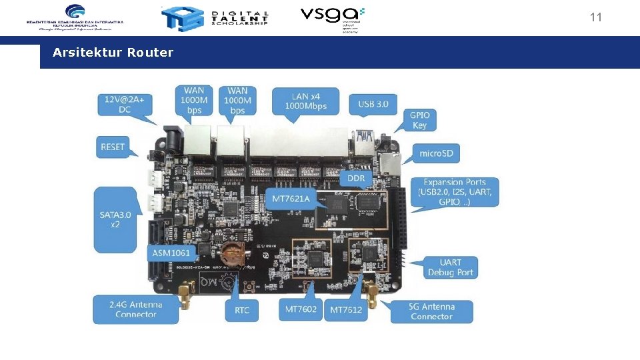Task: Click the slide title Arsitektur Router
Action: tap(113, 53)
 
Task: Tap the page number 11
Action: tap(595, 17)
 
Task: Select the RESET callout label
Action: tap(113, 147)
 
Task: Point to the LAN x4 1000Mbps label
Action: tap(305, 101)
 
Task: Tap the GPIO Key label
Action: tap(420, 120)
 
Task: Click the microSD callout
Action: tap(436, 154)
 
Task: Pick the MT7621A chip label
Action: tap(291, 199)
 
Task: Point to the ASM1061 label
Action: tap(171, 253)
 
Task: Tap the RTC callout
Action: tap(242, 310)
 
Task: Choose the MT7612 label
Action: tap(347, 310)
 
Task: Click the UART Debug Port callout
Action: tap(451, 267)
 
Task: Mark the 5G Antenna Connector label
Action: tap(431, 311)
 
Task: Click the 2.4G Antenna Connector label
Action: tap(135, 309)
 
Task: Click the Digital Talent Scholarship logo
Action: tap(215, 18)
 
